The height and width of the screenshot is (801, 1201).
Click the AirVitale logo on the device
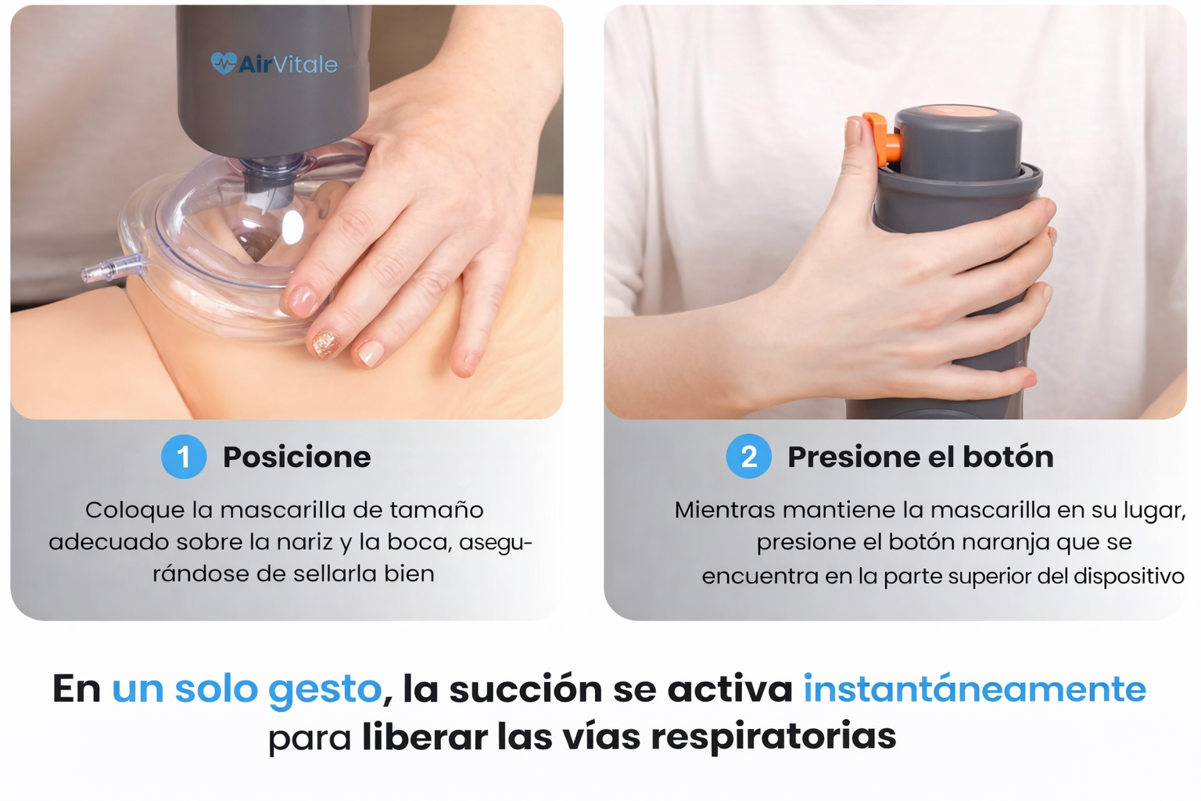(274, 64)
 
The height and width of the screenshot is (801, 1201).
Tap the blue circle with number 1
(184, 457)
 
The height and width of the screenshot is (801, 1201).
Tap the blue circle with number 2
(748, 457)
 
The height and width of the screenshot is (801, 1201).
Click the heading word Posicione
(297, 457)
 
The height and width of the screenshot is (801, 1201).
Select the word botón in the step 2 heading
(1008, 457)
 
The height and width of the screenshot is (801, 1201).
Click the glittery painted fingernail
(325, 344)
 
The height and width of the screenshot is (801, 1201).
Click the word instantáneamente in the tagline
(975, 689)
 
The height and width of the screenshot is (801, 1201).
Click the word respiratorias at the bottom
(773, 737)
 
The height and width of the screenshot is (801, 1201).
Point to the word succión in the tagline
(526, 689)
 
